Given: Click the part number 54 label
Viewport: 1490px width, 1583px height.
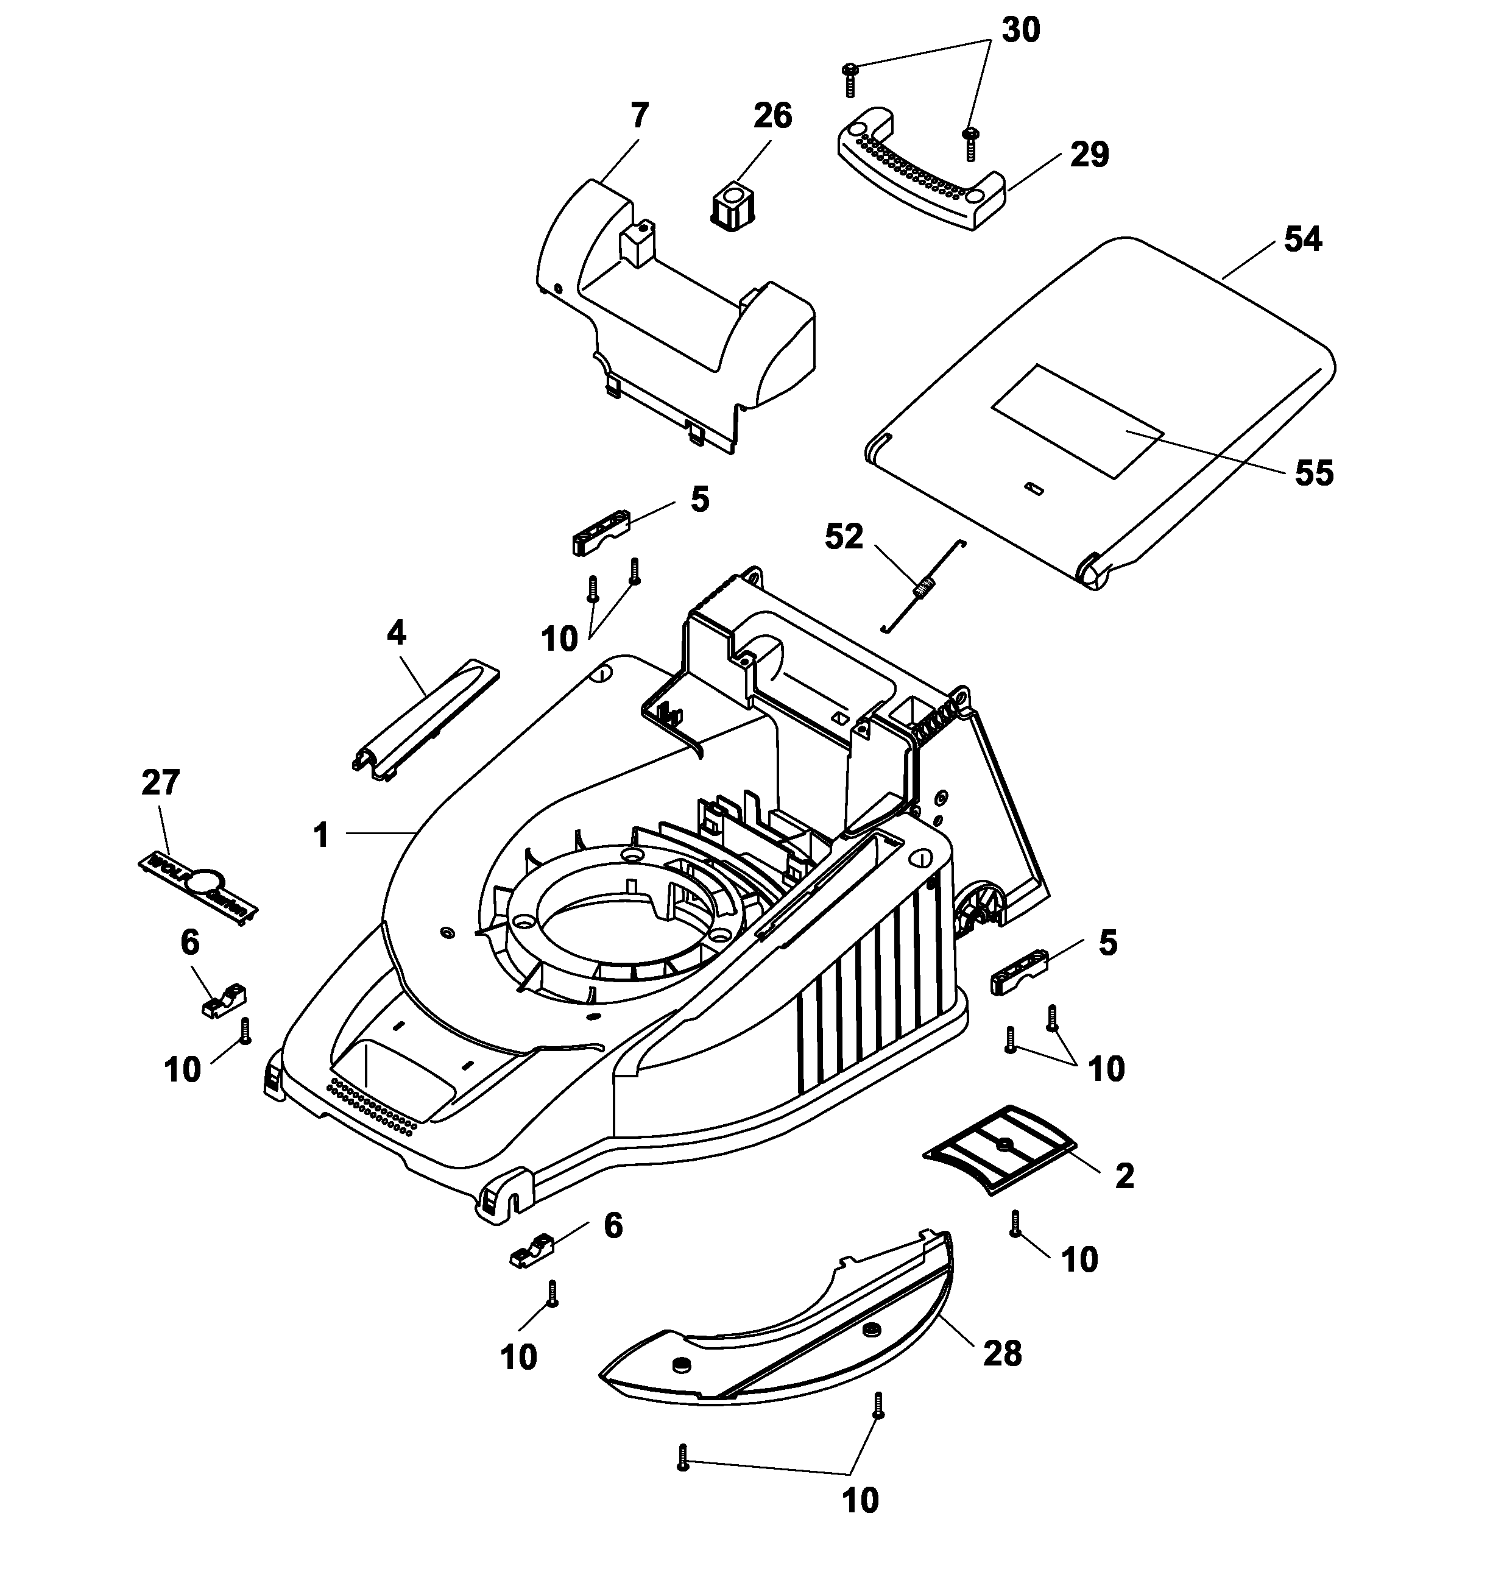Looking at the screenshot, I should coord(1303,239).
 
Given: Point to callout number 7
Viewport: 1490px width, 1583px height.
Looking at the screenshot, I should coord(639,115).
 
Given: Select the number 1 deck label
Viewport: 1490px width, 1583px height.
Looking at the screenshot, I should coord(321,835).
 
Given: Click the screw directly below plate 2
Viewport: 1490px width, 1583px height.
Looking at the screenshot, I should coord(1015,1223).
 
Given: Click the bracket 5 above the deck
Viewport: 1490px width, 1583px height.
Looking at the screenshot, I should coord(602,532).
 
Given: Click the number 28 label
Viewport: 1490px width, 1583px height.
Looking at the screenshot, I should coord(1002,1354).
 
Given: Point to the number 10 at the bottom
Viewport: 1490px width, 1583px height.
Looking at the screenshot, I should coord(860,1501).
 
